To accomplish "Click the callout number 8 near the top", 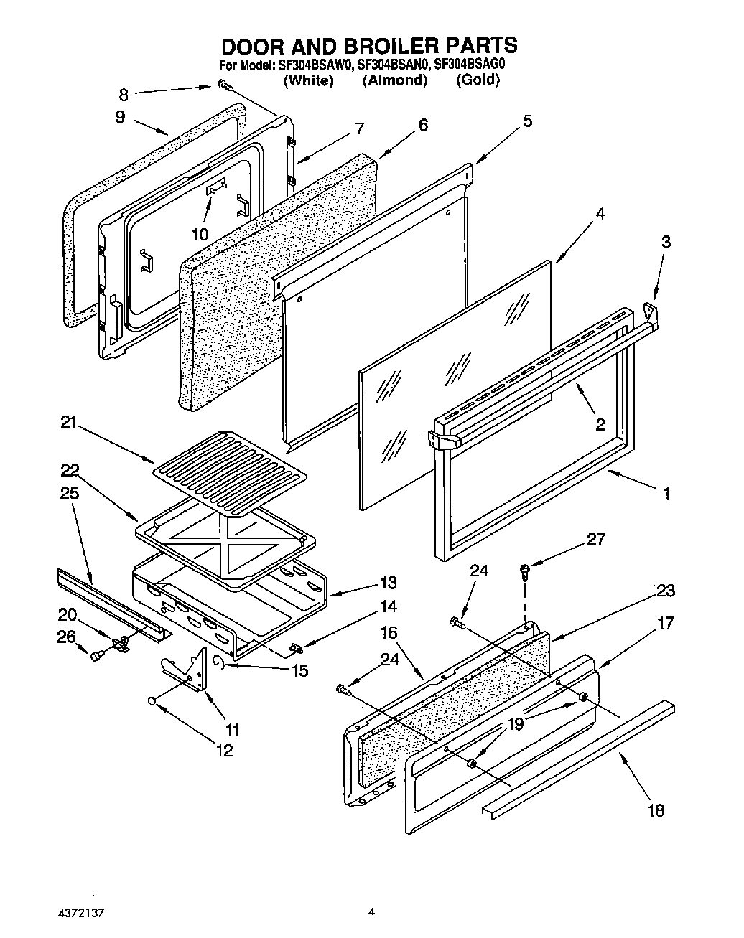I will point(124,93).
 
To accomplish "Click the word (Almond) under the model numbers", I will point(394,80).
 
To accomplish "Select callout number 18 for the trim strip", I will point(655,810).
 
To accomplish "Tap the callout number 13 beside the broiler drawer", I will point(389,583).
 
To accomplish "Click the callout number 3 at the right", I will point(666,243).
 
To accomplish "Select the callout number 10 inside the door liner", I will point(200,234).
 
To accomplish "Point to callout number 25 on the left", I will point(70,494).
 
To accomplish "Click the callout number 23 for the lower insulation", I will point(665,591).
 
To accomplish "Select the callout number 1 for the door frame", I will point(666,494).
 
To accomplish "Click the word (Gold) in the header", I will point(478,80).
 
